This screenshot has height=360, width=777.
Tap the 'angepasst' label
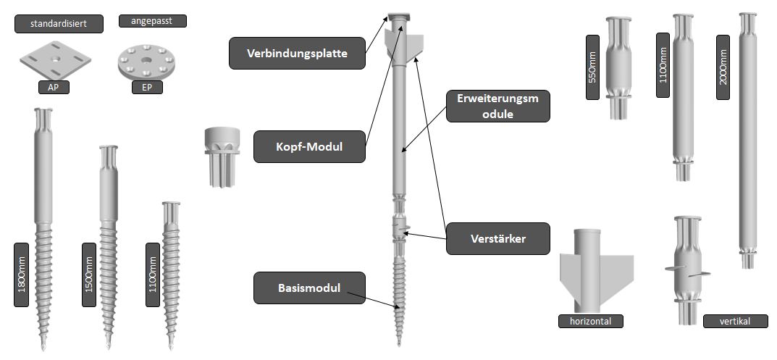click(152, 21)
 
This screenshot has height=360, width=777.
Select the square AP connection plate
click(54, 60)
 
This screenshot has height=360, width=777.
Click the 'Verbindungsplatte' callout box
click(297, 54)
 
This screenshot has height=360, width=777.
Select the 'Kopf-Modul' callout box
click(309, 147)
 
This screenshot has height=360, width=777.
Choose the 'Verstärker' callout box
click(496, 238)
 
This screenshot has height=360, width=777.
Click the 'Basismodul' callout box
click(309, 288)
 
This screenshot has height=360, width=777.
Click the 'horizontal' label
click(591, 321)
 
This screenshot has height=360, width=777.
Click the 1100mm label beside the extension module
click(663, 65)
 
